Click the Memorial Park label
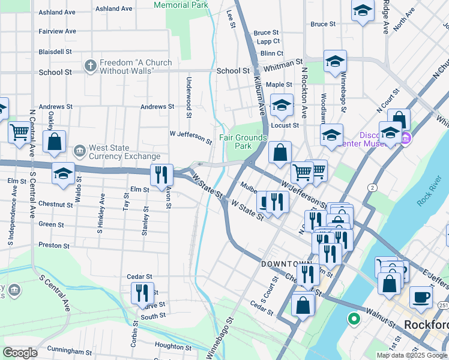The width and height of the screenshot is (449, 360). coord(181,5)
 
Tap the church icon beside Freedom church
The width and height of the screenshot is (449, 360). coord(90,65)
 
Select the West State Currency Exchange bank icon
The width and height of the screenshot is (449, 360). coord(79,150)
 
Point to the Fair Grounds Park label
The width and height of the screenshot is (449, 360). coord(243,142)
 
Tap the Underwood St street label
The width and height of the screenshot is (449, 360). coord(188,96)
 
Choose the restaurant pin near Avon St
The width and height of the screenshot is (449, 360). coord(161,175)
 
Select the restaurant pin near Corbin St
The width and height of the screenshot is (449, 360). coord(142,293)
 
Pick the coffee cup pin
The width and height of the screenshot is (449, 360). coord(421,297)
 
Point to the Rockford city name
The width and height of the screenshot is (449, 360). coord(426,325)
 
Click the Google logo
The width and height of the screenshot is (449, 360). coord(20,353)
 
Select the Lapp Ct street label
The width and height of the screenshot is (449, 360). coord(268,42)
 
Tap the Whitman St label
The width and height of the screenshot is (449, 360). coord(286,64)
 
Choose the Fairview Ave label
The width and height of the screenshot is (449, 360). coord(57,31)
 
